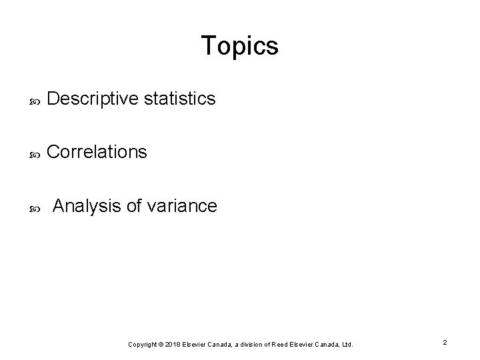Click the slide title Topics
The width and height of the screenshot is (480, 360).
tap(239, 46)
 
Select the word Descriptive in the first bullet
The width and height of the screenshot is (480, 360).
tap(93, 99)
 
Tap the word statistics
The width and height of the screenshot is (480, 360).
tap(180, 99)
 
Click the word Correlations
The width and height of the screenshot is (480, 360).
tap(97, 152)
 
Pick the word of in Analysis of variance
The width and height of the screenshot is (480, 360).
tap(135, 206)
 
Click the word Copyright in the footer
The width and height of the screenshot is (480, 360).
tap(143, 344)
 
